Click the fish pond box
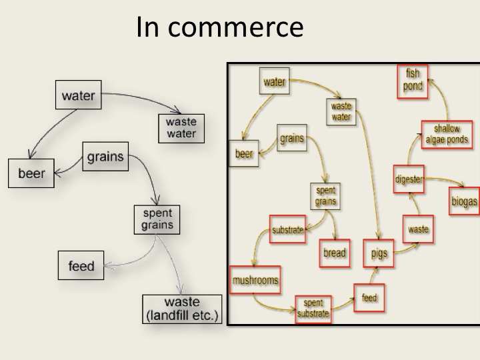(413, 81)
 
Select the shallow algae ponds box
(446, 135)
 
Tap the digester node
(408, 179)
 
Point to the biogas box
(464, 202)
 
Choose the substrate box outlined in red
(287, 231)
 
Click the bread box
(334, 253)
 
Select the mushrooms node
(255, 280)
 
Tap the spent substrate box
(313, 308)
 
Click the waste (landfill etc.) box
(181, 309)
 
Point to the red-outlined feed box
(369, 297)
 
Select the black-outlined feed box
(81, 266)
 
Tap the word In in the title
(147, 27)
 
